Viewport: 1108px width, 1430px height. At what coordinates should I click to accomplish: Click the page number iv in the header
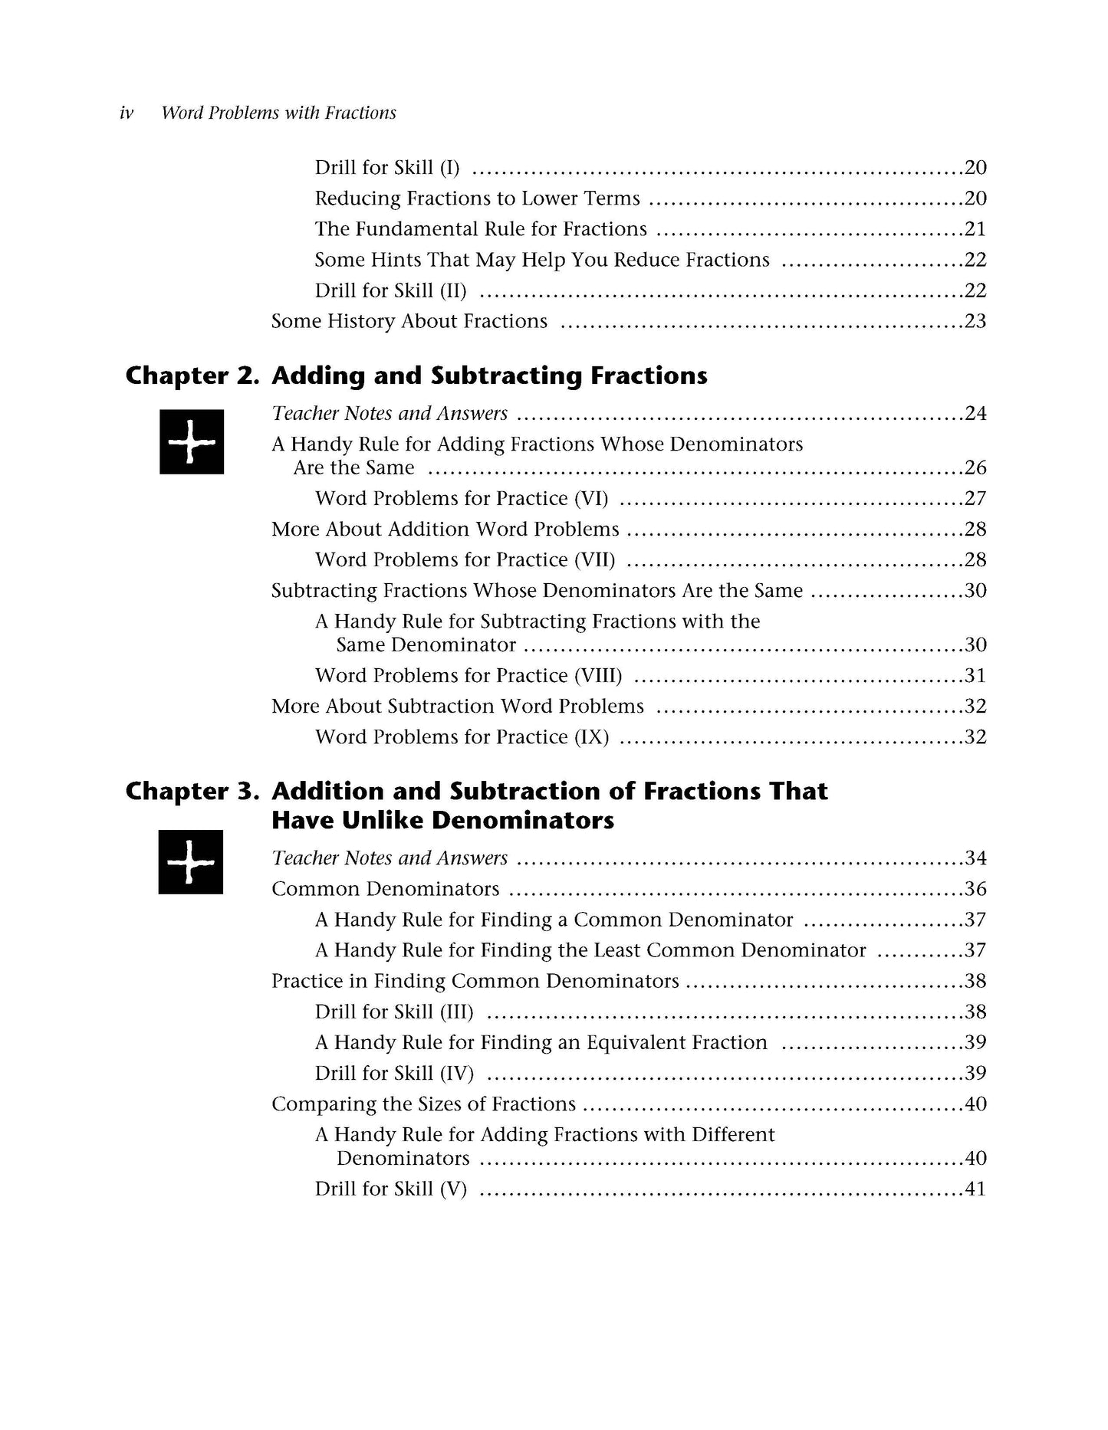(x=127, y=113)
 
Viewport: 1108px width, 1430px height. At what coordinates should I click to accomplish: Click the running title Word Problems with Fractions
(x=278, y=113)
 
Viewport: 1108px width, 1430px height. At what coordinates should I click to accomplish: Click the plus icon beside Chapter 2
(x=192, y=442)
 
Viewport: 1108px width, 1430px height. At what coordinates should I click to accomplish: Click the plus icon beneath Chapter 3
(x=191, y=862)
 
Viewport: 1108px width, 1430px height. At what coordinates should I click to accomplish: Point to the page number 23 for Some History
(x=975, y=321)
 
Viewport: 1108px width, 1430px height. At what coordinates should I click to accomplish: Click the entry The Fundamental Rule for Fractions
(x=481, y=229)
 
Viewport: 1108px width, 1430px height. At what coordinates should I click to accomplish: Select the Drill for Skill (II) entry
(x=390, y=290)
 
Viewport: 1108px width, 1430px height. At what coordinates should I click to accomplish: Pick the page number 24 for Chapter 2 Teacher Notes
(x=975, y=414)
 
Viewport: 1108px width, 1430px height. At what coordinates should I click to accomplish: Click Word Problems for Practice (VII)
(x=465, y=560)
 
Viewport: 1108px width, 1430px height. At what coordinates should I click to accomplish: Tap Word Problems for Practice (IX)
(x=462, y=737)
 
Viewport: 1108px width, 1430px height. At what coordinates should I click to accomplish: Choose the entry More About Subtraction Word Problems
(x=457, y=707)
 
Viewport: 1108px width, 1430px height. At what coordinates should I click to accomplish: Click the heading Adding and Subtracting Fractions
(x=489, y=376)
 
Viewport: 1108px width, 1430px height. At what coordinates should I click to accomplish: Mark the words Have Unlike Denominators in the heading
(x=442, y=821)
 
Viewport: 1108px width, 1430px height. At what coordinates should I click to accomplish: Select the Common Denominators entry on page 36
(x=385, y=889)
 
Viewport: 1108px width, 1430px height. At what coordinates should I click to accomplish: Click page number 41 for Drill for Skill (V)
(x=975, y=1189)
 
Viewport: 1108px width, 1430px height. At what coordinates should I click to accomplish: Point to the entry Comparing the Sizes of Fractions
(x=423, y=1104)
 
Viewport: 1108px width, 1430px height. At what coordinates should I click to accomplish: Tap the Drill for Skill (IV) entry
(x=394, y=1074)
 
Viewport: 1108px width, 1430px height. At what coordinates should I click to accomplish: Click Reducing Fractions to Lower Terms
(x=477, y=198)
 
